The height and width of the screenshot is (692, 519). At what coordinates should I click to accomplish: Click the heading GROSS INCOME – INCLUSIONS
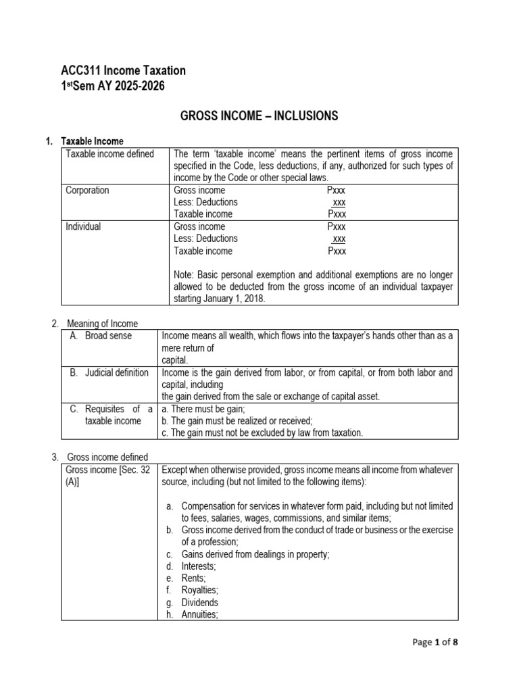tap(259, 116)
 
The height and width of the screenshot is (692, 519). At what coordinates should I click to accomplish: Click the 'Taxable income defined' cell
tap(109, 154)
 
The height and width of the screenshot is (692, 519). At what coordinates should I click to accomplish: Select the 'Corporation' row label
tap(87, 191)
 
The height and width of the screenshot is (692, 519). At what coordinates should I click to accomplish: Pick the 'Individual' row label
tap(83, 227)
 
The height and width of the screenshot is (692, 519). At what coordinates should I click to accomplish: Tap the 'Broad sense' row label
tap(108, 336)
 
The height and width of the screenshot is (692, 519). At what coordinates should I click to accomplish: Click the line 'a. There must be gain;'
tap(205, 409)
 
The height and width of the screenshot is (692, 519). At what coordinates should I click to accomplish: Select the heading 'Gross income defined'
tap(106, 458)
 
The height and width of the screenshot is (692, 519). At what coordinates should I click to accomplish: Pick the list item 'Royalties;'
tap(199, 591)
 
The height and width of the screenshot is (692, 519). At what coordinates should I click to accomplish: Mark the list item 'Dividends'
tap(199, 603)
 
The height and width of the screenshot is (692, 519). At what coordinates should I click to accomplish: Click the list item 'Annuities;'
tap(199, 615)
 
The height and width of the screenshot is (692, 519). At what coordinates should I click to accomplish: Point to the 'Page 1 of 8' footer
tap(435, 643)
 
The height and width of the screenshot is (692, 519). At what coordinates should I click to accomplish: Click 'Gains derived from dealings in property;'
tap(255, 554)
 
